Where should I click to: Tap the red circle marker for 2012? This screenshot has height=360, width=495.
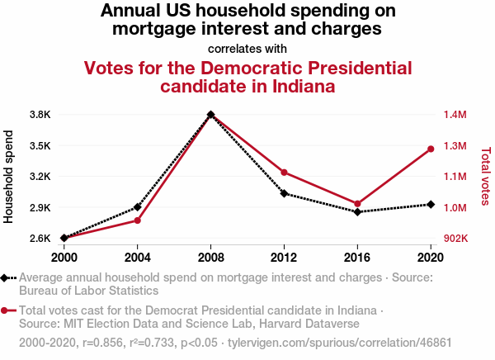(284, 173)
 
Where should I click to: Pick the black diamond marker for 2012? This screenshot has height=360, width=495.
(284, 193)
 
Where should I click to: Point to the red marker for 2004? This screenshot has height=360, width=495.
(137, 220)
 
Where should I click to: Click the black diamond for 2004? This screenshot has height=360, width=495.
(137, 206)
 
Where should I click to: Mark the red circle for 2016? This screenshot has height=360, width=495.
(357, 204)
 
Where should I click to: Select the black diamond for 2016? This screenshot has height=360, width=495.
(357, 212)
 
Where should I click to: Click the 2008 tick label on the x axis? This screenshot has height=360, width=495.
(210, 256)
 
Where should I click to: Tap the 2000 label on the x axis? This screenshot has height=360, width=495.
(64, 256)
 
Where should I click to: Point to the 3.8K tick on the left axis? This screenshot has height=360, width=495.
(40, 114)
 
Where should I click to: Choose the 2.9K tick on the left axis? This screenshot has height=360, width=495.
(40, 207)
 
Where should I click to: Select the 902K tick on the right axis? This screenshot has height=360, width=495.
(455, 239)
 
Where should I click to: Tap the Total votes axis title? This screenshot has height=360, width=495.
(485, 175)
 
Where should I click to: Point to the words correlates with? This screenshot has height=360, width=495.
(247, 48)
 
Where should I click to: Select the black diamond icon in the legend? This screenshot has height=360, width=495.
(7, 278)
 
